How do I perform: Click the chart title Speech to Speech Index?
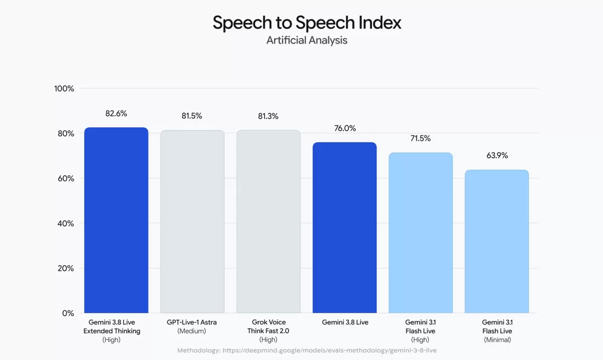tap(307, 23)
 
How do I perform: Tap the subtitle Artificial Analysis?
tap(307, 40)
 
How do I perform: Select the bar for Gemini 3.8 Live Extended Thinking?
tap(116, 220)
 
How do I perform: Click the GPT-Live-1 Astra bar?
tap(192, 222)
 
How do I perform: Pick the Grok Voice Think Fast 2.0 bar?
tap(269, 222)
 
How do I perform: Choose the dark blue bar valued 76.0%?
tap(344, 228)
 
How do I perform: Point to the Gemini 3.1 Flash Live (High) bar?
tap(421, 233)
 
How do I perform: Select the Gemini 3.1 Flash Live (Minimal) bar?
tap(497, 241)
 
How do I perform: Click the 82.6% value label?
tap(116, 113)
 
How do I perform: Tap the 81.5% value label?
tap(192, 116)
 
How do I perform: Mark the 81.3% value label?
tap(268, 116)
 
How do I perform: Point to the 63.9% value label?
tap(497, 155)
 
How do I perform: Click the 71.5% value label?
tap(420, 138)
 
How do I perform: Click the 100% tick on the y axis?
tap(64, 89)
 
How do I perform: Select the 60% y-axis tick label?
tap(65, 179)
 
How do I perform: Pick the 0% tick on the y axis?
tap(68, 314)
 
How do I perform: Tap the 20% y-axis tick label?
tap(65, 268)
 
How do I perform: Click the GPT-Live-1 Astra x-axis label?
tap(192, 327)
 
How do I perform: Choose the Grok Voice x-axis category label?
tap(268, 331)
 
